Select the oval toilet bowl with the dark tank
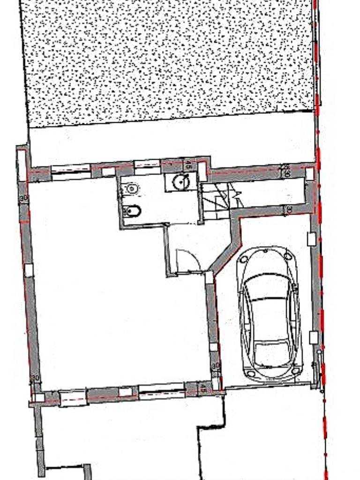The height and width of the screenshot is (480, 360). (131, 211)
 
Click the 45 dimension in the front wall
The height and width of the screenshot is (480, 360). (203, 388)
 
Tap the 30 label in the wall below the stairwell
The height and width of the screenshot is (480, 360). (289, 210)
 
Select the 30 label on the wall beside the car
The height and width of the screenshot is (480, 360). (215, 366)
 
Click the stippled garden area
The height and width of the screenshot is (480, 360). (169, 61)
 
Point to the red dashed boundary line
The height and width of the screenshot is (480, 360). (321, 281)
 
